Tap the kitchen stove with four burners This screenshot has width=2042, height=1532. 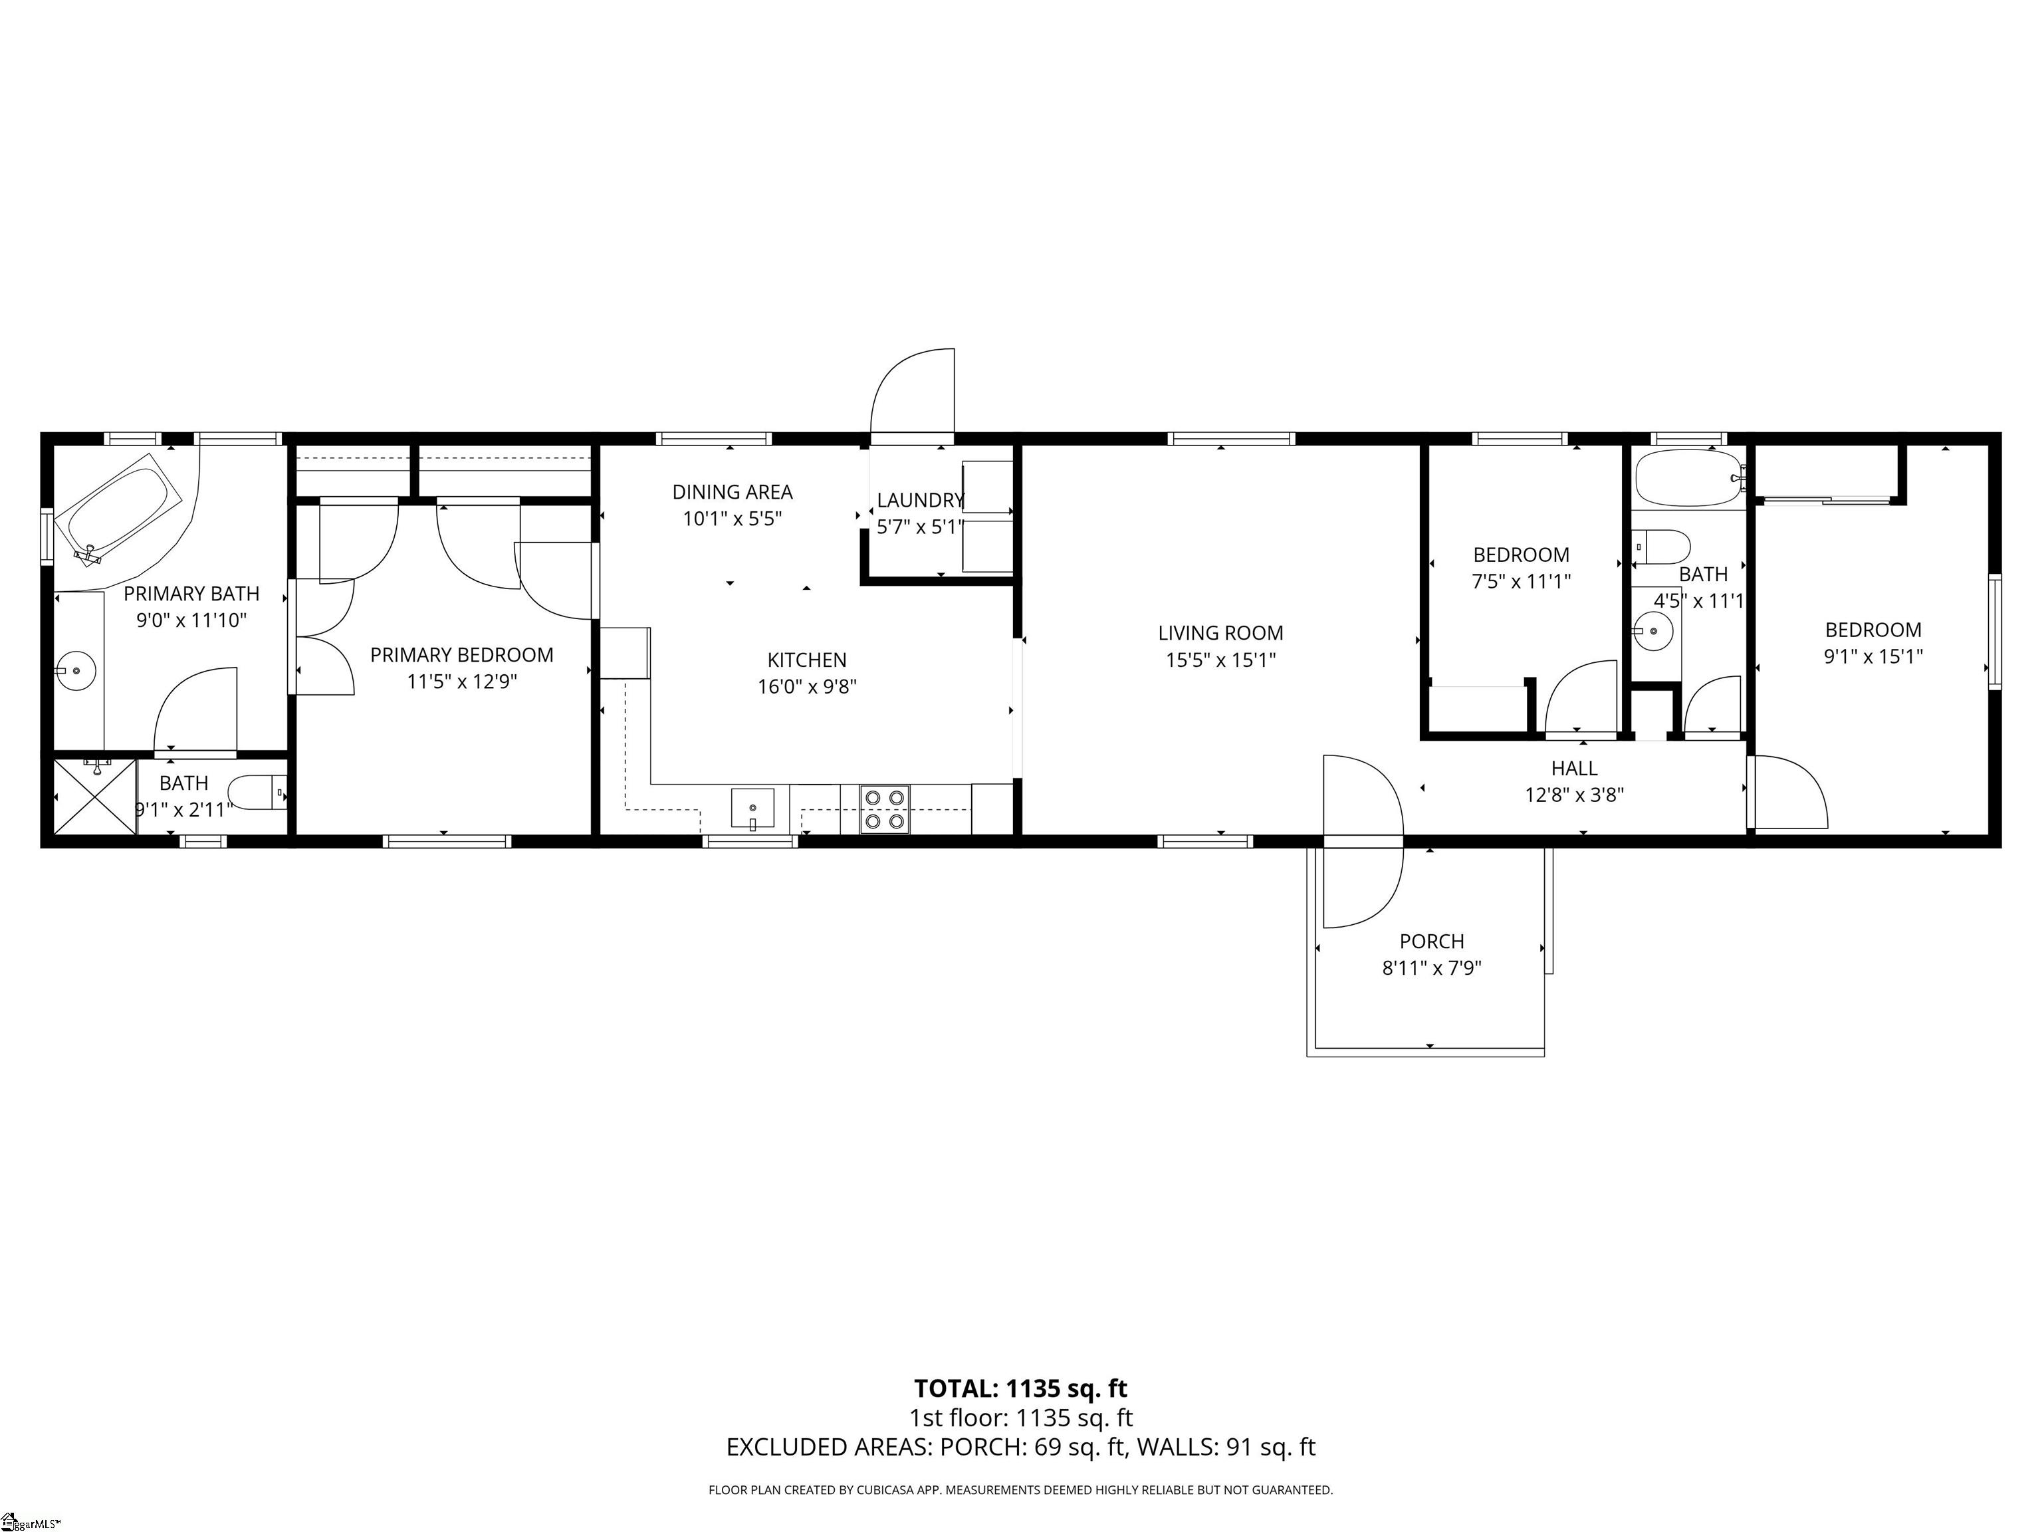[884, 809]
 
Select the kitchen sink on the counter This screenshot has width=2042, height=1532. [752, 808]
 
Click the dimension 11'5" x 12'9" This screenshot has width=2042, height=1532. [461, 682]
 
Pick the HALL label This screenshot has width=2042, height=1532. [1574, 768]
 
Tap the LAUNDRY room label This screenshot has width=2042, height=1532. [919, 501]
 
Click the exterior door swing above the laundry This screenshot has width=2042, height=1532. [914, 392]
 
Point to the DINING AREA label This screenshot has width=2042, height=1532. [732, 492]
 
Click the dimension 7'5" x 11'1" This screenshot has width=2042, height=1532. [1520, 582]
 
